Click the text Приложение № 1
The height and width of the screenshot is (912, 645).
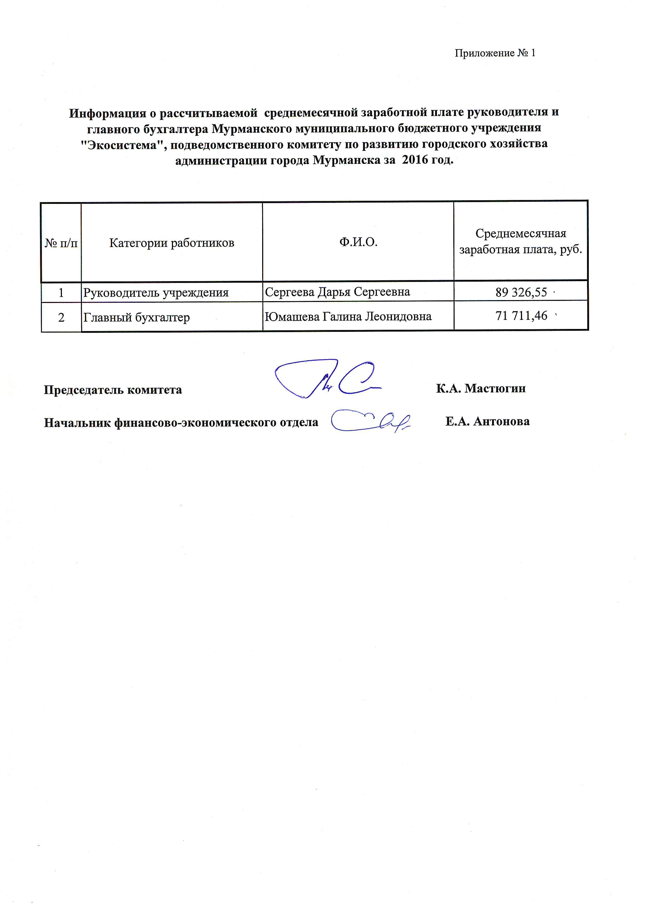coord(495,53)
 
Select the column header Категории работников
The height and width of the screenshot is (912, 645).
coord(172,243)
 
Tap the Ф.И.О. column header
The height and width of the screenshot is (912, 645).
coord(358,242)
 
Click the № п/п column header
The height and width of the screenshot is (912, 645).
coord(61,243)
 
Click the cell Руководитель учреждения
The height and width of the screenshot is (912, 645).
coord(156,293)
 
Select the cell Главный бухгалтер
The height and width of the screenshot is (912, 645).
coord(136,317)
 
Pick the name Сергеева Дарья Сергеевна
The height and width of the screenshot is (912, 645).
coord(337,292)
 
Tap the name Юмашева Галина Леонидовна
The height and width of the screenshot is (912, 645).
coord(348,316)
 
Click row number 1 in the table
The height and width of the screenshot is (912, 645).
coord(61,293)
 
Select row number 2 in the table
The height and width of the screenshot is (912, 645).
coord(61,317)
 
